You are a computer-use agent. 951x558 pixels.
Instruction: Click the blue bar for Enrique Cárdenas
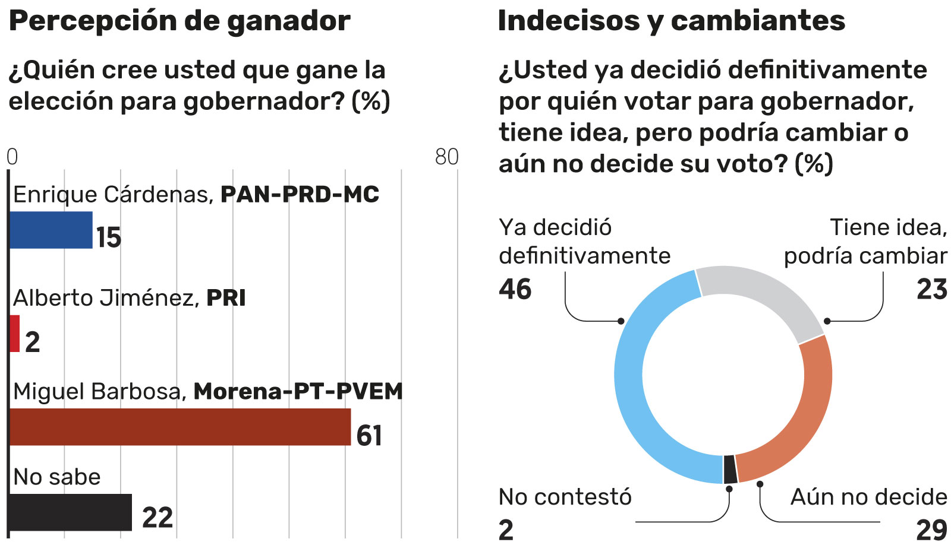(51, 230)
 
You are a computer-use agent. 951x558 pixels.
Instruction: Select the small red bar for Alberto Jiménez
(15, 334)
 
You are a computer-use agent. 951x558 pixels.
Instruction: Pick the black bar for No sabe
(70, 512)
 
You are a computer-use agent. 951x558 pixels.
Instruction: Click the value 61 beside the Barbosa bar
(369, 436)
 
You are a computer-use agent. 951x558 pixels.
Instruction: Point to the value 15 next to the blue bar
(109, 237)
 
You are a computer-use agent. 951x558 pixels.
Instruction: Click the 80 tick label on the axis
(447, 157)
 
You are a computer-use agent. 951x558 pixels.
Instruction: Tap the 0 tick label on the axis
(12, 157)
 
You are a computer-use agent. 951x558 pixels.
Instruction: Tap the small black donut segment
(730, 470)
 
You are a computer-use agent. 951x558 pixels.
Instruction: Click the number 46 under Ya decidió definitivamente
(515, 289)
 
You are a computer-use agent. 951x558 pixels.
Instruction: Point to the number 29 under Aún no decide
(931, 530)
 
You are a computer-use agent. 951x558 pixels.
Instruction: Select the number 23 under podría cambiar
(931, 289)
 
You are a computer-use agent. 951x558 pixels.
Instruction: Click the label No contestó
(565, 497)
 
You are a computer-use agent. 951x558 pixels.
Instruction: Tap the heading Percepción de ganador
(180, 21)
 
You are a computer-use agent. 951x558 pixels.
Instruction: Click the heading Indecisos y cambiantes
(671, 21)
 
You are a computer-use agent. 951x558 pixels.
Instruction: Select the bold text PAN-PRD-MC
(300, 195)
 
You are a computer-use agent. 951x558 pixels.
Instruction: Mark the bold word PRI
(226, 298)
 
